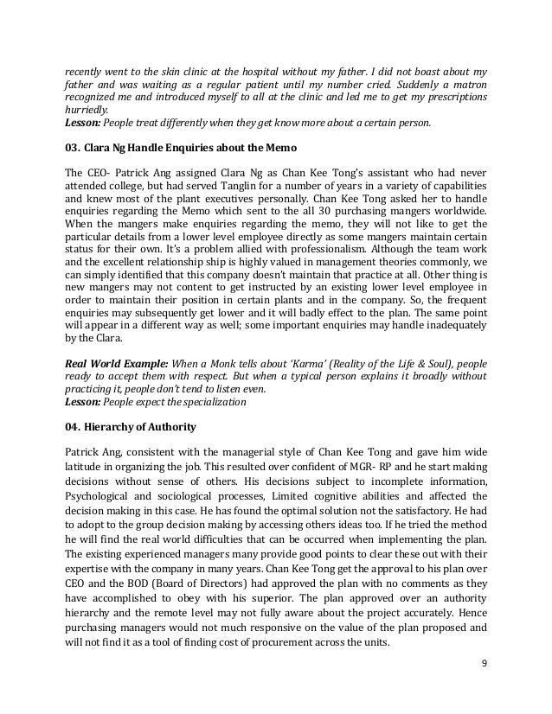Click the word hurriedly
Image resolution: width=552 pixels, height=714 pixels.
pos(87,111)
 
